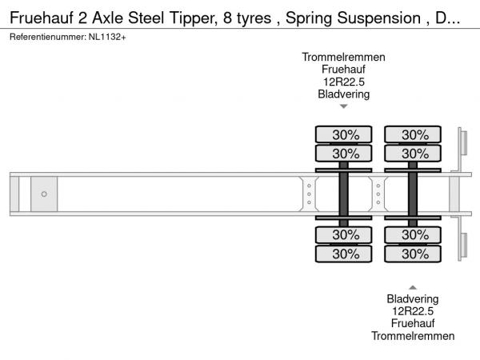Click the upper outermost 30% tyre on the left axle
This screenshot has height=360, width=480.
344,134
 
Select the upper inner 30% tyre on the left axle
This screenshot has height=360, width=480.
344,153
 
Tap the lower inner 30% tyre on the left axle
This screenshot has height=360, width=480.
344,235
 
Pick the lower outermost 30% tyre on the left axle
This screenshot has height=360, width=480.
344,254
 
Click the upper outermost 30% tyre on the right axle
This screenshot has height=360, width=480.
414,134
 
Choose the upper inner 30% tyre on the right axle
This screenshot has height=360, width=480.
414,153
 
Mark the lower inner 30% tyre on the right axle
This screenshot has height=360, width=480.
414,235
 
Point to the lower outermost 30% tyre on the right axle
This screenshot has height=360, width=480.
414,254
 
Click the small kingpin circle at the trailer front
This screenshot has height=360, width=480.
44,194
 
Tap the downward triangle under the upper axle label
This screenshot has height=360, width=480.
344,106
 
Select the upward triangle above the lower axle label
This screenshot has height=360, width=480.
413,287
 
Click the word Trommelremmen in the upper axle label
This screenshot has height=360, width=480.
344,57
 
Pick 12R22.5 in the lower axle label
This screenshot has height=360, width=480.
413,310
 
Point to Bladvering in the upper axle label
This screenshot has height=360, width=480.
344,94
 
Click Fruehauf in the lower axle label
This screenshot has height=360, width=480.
413,323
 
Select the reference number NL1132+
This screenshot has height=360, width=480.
107,38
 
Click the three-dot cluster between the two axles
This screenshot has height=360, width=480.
378,194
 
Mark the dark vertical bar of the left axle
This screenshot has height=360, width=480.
344,194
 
